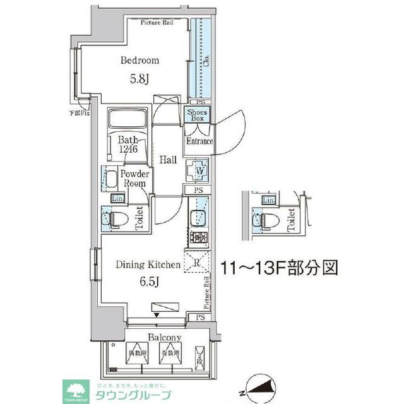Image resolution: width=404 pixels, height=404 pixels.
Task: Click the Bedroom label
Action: [x=140, y=61]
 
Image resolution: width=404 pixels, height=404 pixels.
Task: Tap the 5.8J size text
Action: [x=140, y=80]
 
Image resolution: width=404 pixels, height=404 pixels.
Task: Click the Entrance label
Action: [x=199, y=141]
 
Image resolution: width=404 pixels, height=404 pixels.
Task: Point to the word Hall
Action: [x=168, y=160]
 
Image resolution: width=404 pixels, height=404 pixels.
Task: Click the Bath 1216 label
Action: [x=127, y=146]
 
